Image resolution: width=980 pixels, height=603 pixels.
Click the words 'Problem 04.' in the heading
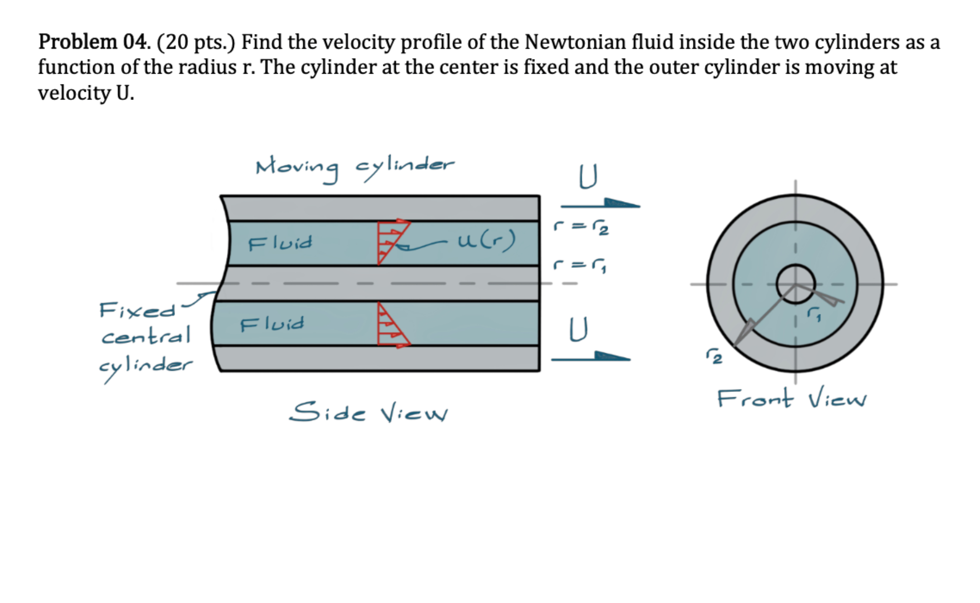pos(94,42)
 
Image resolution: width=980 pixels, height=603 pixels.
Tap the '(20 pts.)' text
pos(196,42)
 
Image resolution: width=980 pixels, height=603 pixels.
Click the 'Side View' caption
pos(369,412)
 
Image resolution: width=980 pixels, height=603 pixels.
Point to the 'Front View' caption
pos(791,398)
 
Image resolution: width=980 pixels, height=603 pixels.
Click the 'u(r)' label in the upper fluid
pos(487,240)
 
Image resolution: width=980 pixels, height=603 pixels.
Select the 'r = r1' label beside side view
pos(580,265)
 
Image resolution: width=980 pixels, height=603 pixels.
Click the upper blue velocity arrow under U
pos(600,204)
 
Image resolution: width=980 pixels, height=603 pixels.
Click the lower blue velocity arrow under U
pos(591,357)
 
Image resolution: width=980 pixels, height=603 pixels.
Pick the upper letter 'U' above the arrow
pos(588,177)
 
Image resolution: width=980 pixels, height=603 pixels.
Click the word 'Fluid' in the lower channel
pos(272,323)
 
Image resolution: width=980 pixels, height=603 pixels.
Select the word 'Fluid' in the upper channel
pos(280,243)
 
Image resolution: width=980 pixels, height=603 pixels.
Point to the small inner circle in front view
pos(795,283)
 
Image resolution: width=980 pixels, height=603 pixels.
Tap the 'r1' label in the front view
pos(814,314)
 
